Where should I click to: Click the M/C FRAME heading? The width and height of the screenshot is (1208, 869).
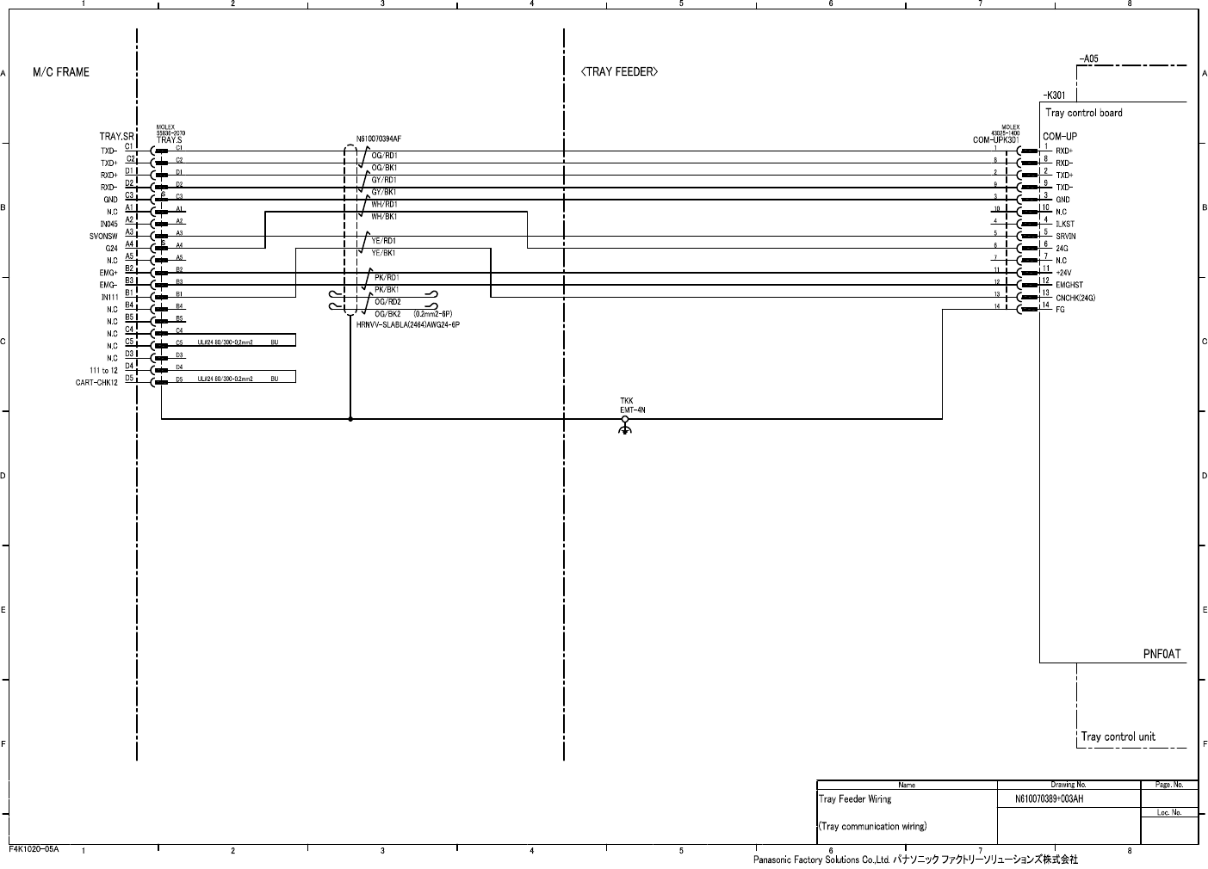60,72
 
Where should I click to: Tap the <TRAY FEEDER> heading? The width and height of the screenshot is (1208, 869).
619,72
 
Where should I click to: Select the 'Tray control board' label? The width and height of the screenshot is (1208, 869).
1083,113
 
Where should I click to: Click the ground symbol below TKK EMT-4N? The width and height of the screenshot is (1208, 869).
625,428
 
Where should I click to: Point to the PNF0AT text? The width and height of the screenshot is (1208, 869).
1162,653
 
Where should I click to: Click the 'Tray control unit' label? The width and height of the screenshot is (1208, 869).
1118,736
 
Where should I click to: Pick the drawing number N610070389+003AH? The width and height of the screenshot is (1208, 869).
1049,799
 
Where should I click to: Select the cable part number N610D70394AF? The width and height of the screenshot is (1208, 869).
379,139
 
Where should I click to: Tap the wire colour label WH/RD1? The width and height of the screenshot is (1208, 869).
384,205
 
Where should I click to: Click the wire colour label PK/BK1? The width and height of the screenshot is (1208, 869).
386,290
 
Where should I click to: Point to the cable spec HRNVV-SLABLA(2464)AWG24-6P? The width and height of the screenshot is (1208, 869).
408,325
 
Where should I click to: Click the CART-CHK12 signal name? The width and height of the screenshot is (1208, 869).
96,383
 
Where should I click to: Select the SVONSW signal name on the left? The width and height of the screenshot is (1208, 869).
103,236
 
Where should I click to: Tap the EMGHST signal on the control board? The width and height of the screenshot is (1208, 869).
1069,285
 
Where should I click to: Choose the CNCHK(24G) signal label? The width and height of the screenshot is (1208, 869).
1075,298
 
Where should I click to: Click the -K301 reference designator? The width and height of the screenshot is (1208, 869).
1054,96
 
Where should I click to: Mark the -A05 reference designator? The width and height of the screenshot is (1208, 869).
1088,59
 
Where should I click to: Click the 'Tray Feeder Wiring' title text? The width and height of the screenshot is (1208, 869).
855,799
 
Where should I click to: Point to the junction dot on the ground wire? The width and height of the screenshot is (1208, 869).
350,419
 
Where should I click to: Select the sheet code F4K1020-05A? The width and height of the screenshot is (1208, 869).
34,849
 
